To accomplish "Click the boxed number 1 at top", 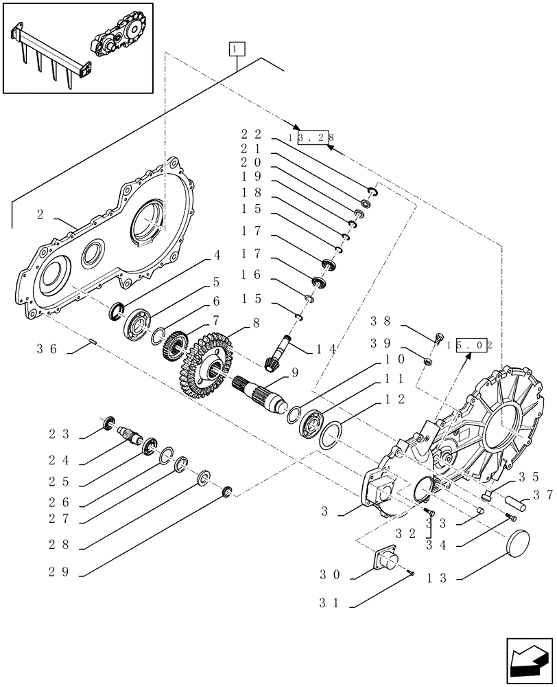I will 236,49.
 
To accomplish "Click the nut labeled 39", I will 427,361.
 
